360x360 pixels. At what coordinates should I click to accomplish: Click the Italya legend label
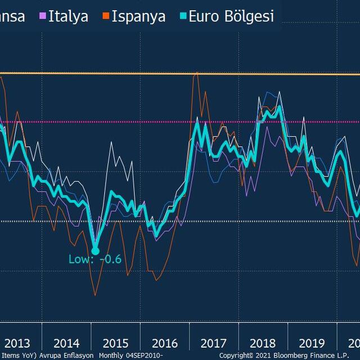point(68,16)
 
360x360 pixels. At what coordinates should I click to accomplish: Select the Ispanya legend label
point(138,16)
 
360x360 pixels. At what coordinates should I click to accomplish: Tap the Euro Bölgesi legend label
point(231,16)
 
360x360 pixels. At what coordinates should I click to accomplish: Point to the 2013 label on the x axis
point(17,343)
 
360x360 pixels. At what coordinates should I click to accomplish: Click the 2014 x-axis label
point(66,343)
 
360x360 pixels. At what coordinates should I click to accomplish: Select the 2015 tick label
point(115,343)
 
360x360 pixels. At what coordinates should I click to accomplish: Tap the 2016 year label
point(165,343)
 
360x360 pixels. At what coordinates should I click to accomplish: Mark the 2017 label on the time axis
point(214,343)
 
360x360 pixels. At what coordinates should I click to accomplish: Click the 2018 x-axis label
point(263,343)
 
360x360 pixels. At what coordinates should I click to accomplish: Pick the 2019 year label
point(312,343)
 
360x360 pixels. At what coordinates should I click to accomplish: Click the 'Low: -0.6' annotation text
point(95,259)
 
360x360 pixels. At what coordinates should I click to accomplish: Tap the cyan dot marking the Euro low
point(95,251)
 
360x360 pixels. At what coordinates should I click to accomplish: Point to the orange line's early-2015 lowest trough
point(94,295)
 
